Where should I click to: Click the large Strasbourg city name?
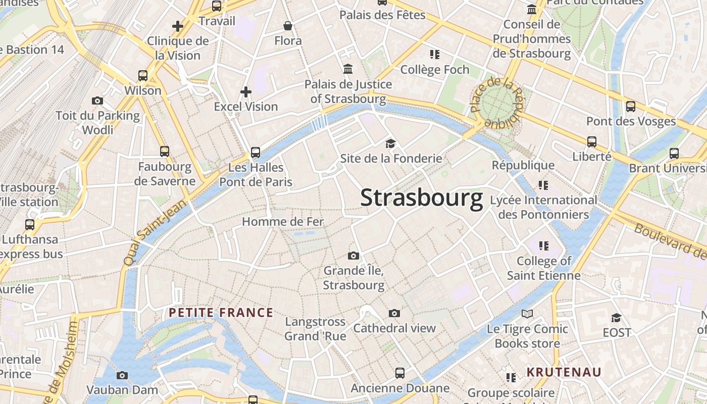pyautogui.click(x=421, y=198)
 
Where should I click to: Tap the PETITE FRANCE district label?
pyautogui.click(x=221, y=313)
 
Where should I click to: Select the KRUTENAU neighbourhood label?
pyautogui.click(x=564, y=372)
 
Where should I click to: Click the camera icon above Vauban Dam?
pyautogui.click(x=122, y=375)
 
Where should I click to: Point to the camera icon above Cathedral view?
pyautogui.click(x=394, y=314)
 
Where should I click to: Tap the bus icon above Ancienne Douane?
pyautogui.click(x=400, y=373)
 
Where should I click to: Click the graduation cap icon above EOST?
pyautogui.click(x=616, y=318)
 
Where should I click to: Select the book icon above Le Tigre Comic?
pyautogui.click(x=527, y=314)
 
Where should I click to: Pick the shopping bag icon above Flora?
pyautogui.click(x=288, y=26)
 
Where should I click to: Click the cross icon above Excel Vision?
pyautogui.click(x=246, y=92)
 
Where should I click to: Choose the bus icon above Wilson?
pyautogui.click(x=143, y=76)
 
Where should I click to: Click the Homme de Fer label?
pyautogui.click(x=283, y=221)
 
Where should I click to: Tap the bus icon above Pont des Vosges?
pyautogui.click(x=631, y=107)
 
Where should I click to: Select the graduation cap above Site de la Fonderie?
pyautogui.click(x=390, y=144)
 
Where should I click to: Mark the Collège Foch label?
pyautogui.click(x=435, y=70)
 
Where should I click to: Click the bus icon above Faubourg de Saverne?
pyautogui.click(x=165, y=151)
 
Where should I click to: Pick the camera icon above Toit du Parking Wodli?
pyautogui.click(x=97, y=101)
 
